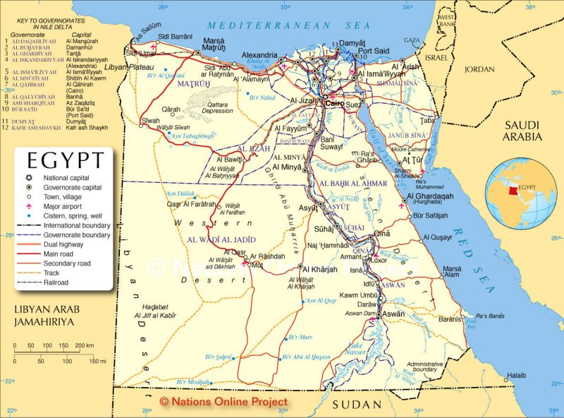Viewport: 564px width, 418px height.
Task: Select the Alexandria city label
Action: pos(259,55)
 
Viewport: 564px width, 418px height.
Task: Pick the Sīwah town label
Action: pos(151,121)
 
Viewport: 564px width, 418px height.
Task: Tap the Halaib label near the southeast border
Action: pos(517,375)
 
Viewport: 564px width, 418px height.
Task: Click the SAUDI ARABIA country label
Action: pos(522,131)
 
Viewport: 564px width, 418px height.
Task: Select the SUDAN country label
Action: pos(357,405)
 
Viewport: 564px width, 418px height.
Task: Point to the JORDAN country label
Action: pos(479,69)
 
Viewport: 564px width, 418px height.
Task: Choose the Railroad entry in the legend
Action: pos(56,282)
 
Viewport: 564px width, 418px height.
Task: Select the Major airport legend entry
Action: pos(61,206)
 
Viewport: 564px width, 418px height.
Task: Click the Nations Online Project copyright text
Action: pos(223,401)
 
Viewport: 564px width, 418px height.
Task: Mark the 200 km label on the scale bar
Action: pos(85,345)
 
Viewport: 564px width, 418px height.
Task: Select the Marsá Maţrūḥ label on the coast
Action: pos(214,45)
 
